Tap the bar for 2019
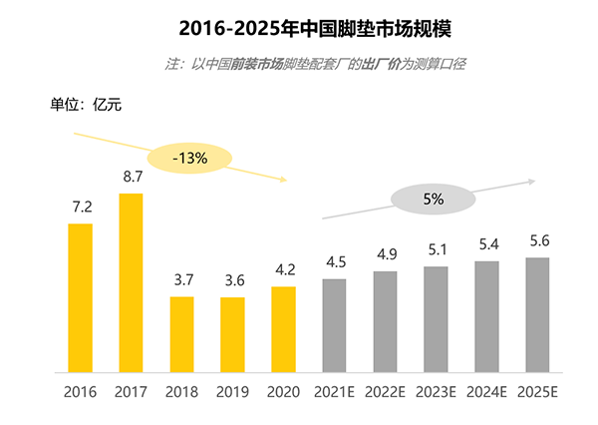[232, 334]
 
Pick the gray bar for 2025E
[537, 314]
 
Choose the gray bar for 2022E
[385, 321]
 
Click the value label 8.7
[131, 177]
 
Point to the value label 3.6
[232, 281]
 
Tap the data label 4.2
[283, 270]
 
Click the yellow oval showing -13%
[189, 158]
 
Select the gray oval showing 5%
[433, 200]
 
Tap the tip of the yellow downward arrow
[286, 180]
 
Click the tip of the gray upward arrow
[535, 181]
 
